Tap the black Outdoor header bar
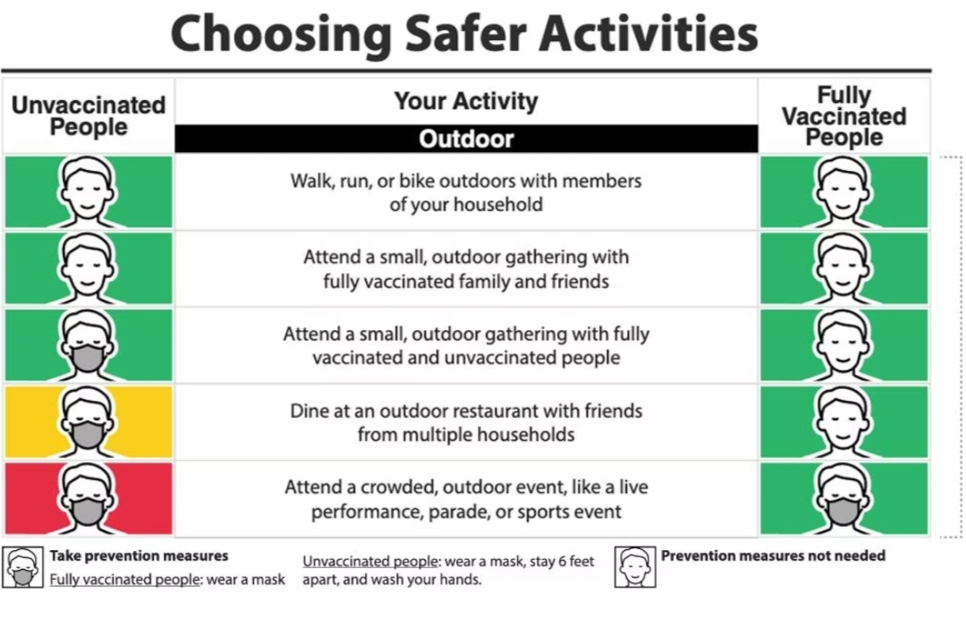coord(466,139)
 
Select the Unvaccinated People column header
coord(89,116)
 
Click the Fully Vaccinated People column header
coord(844,116)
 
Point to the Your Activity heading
coord(466,100)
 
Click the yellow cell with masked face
coord(89,421)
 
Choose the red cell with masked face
coord(89,498)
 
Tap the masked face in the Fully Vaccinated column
coord(843,498)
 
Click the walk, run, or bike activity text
coord(466,192)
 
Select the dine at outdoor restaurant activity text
coord(466,422)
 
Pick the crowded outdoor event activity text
coord(466,499)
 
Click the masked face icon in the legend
coord(22,567)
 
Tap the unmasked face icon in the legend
coord(635,567)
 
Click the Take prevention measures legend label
coord(140,555)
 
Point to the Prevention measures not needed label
coord(773,555)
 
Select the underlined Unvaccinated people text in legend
coord(371,562)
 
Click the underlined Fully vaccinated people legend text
coord(125,580)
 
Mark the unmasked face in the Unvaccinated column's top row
coord(88,192)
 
